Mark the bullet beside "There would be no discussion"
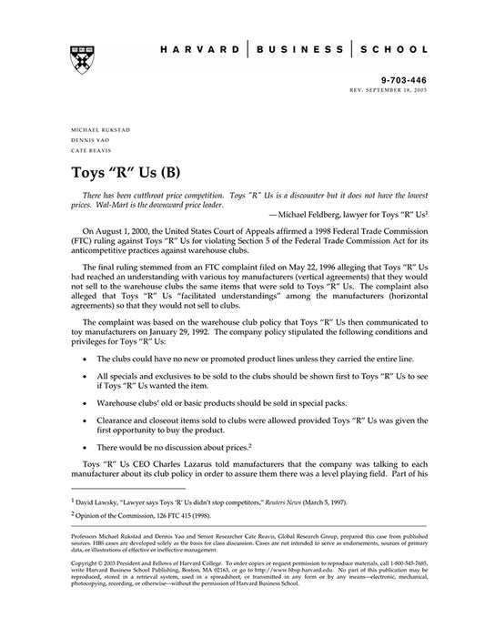85,448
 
